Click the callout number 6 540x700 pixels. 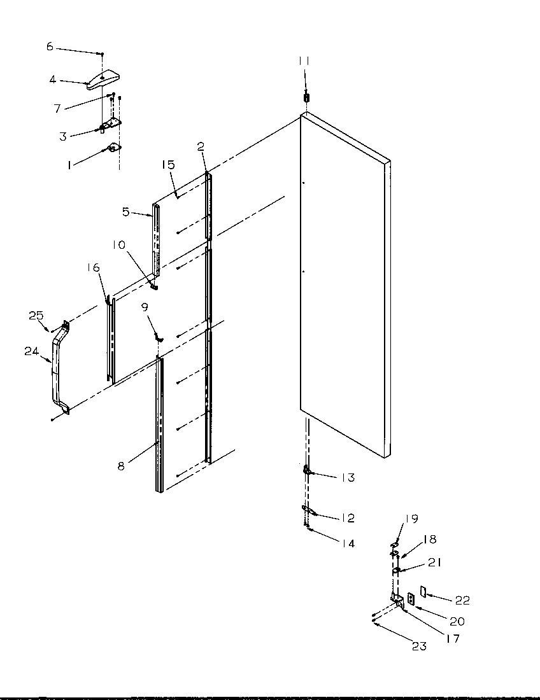point(50,46)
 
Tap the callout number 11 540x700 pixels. point(304,60)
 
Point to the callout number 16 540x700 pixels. point(94,268)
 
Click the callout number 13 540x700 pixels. point(347,478)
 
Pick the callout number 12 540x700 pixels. point(347,519)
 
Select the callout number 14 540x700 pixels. point(347,543)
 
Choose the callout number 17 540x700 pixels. point(453,638)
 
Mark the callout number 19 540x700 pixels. point(411,519)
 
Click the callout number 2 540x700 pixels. point(201,147)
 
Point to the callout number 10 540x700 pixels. point(120,245)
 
